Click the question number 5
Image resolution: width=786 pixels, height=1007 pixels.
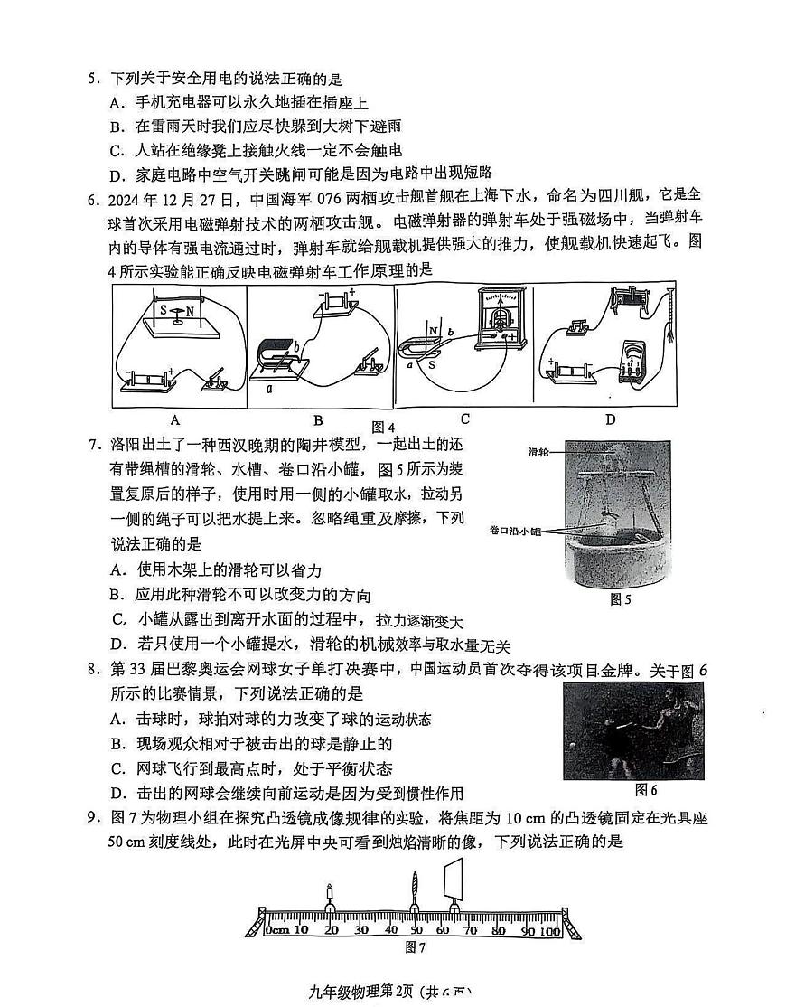click(x=93, y=80)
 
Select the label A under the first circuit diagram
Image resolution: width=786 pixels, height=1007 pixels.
click(x=175, y=419)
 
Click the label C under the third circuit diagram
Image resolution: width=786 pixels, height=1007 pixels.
click(x=464, y=419)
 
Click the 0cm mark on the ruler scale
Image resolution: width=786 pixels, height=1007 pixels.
click(x=277, y=929)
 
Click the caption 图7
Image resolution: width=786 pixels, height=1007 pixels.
click(x=415, y=947)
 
